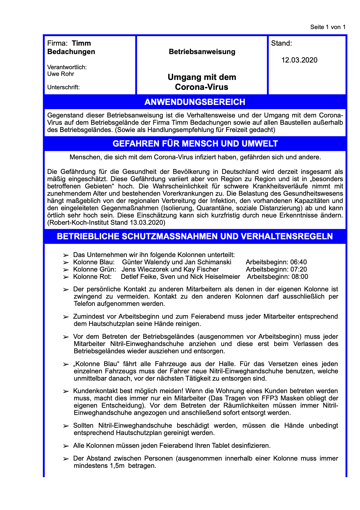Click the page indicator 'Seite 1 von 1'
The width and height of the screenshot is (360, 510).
pyautogui.click(x=328, y=27)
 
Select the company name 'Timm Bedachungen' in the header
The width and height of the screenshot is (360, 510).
pyautogui.click(x=71, y=48)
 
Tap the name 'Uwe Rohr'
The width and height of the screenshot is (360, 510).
pyautogui.click(x=61, y=74)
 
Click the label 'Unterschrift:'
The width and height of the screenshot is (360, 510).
pyautogui.click(x=63, y=87)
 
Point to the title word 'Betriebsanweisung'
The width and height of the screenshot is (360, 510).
pyautogui.click(x=202, y=52)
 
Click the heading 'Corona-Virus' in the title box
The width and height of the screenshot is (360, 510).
pyautogui.click(x=202, y=87)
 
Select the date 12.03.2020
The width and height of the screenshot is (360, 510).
pyautogui.click(x=299, y=60)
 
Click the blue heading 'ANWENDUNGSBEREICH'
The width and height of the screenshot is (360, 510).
pyautogui.click(x=195, y=102)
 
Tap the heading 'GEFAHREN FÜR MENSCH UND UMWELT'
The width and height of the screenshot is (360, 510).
pyautogui.click(x=195, y=144)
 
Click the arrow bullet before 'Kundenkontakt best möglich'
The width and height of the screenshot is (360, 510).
pyautogui.click(x=66, y=391)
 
